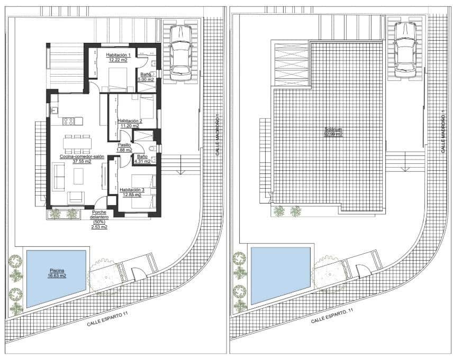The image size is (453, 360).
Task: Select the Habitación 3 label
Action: point(132,189)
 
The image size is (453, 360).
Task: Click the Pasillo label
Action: point(125,145)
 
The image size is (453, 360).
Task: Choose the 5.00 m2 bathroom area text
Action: point(146,79)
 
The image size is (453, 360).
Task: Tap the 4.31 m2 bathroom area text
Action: point(142,161)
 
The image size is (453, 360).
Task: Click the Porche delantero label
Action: point(99,214)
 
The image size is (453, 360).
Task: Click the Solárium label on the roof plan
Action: point(333,129)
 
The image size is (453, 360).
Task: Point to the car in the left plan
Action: point(179,51)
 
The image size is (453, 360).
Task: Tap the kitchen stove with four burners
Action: point(69,121)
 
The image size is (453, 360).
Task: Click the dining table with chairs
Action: point(78,143)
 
